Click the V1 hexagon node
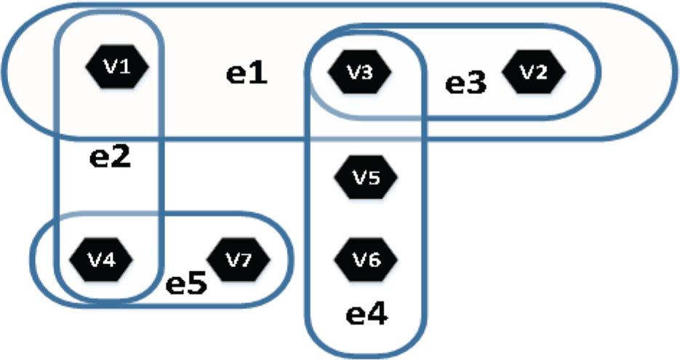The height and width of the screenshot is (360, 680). pos(117,66)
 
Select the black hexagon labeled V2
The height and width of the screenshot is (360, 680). pos(533,71)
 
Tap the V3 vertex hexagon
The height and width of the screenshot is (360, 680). pos(359,72)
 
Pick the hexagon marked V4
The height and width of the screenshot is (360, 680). pos(101,260)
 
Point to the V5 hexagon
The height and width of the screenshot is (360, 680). pos(366,177)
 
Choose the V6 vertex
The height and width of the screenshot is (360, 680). pos(366,260)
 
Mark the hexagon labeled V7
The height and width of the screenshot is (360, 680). pos(238,260)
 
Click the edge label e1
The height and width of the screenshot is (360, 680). pos(247,74)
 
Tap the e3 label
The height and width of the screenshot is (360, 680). pos(466,84)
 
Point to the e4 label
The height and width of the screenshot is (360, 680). pos(367,314)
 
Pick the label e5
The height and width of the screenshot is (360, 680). pos(186,284)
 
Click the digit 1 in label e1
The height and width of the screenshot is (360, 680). pos(258,73)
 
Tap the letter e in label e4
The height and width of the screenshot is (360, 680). pos(356,316)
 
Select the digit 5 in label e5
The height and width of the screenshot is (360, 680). pos(197,284)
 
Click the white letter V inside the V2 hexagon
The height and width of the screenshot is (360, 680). pos(527,72)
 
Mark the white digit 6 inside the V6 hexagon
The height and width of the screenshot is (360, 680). pos(373,260)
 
